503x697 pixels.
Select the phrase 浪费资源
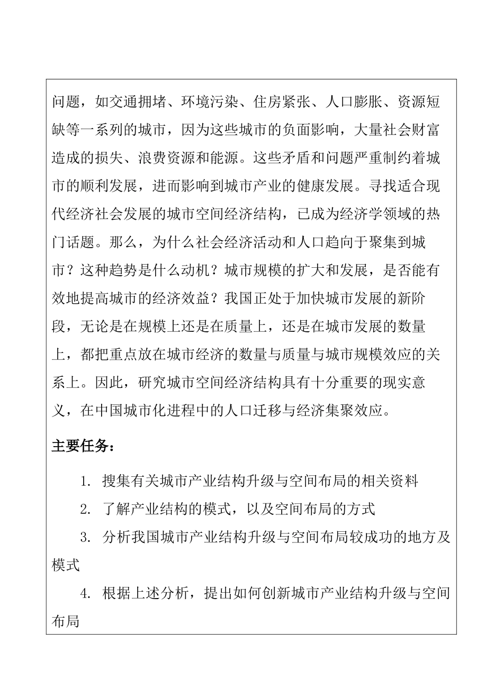[166, 157]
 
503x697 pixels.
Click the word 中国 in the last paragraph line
[110, 411]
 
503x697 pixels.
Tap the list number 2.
[84, 509]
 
